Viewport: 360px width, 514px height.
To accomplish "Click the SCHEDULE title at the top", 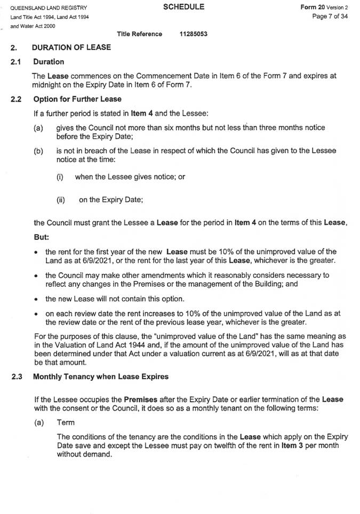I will (x=183, y=7).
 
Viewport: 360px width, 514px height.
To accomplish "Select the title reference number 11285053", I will (x=194, y=34).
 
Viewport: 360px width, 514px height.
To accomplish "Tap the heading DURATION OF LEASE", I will (x=71, y=47).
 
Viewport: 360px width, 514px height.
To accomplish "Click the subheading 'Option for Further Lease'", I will (x=77, y=99).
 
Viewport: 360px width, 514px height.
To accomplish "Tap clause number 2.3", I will (x=15, y=377).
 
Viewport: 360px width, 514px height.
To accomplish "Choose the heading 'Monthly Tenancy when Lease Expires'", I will (x=101, y=377).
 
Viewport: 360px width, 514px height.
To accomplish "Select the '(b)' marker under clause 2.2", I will (x=38, y=151).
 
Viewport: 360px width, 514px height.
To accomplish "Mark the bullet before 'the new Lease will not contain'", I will (x=35, y=299).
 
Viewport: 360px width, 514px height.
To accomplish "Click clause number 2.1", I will (x=15, y=61).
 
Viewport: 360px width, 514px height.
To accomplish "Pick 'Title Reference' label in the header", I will (x=140, y=34).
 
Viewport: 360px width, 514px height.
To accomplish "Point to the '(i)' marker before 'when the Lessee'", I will (x=60, y=176).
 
